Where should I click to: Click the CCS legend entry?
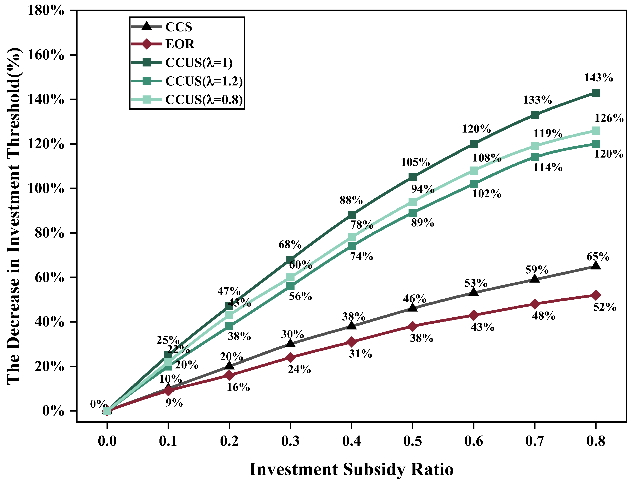click(178, 27)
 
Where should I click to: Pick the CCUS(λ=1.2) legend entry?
click(204, 81)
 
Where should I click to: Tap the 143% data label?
click(598, 78)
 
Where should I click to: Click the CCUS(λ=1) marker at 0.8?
click(596, 93)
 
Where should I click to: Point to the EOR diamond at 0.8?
click(596, 295)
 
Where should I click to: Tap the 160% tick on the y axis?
click(46, 55)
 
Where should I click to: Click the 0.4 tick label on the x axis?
click(351, 441)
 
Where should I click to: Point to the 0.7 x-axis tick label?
click(534, 441)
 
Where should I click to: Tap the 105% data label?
click(415, 162)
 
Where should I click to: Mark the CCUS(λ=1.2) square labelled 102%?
click(474, 184)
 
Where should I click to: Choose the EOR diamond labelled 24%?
click(290, 357)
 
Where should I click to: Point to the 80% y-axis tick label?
click(49, 233)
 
